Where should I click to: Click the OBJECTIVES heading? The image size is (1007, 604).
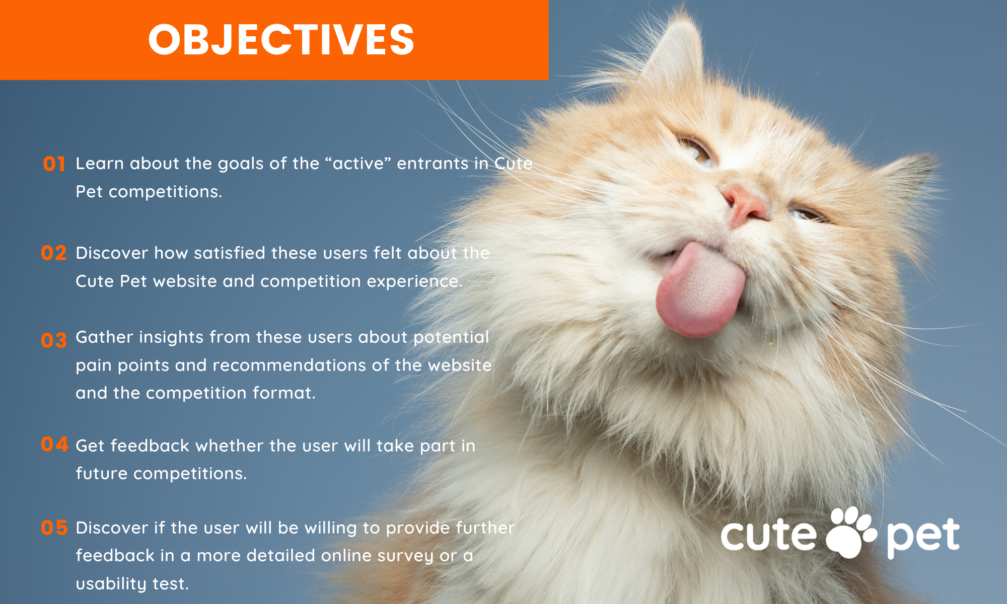click(281, 40)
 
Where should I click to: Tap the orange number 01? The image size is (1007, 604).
click(54, 164)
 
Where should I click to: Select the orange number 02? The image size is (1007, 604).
click(54, 253)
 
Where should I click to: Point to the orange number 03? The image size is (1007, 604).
click(54, 341)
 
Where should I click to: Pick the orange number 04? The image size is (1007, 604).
click(54, 444)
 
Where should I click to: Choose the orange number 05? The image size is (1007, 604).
click(54, 527)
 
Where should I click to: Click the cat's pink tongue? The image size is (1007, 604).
click(700, 290)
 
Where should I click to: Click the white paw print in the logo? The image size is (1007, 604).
click(851, 532)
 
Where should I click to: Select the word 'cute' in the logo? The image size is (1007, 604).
click(768, 535)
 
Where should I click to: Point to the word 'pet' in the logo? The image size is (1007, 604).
click(923, 538)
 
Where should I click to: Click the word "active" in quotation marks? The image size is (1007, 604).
click(358, 163)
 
